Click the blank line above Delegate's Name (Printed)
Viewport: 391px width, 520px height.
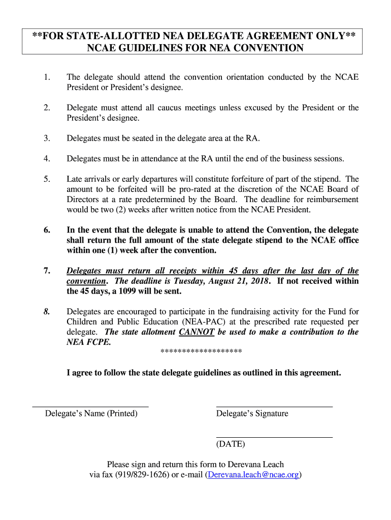90,407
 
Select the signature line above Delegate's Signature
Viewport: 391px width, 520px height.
274,407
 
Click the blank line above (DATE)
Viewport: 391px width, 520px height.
274,437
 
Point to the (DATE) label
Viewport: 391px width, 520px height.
231,444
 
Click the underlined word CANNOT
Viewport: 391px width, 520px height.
196,332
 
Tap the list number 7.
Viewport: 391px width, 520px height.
47,271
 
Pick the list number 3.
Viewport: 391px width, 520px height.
47,138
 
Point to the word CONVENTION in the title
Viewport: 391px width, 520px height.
267,48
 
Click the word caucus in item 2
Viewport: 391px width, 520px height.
191,108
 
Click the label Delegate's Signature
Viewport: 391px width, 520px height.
252,414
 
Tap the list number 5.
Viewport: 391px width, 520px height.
47,179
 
